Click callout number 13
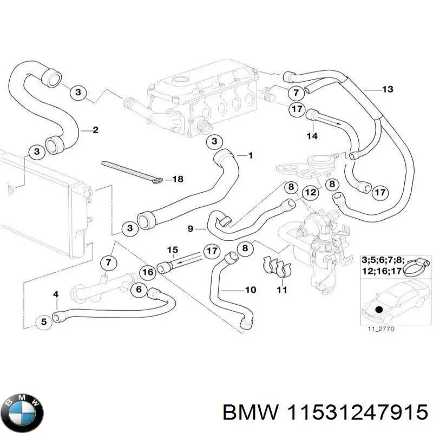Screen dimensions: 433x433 click(x=388, y=89)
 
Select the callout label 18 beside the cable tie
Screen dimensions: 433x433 click(x=178, y=179)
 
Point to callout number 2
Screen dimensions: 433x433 click(x=95, y=130)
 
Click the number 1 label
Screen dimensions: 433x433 click(x=250, y=156)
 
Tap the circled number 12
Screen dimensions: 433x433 click(x=309, y=192)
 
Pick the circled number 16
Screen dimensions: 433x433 click(x=147, y=272)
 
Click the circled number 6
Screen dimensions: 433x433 click(x=139, y=290)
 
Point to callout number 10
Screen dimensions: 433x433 click(x=250, y=290)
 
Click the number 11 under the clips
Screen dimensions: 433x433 click(x=281, y=290)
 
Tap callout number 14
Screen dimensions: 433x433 click(x=312, y=136)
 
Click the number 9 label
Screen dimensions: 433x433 click(x=191, y=229)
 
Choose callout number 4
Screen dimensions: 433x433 click(x=56, y=294)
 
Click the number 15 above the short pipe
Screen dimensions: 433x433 click(x=172, y=250)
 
